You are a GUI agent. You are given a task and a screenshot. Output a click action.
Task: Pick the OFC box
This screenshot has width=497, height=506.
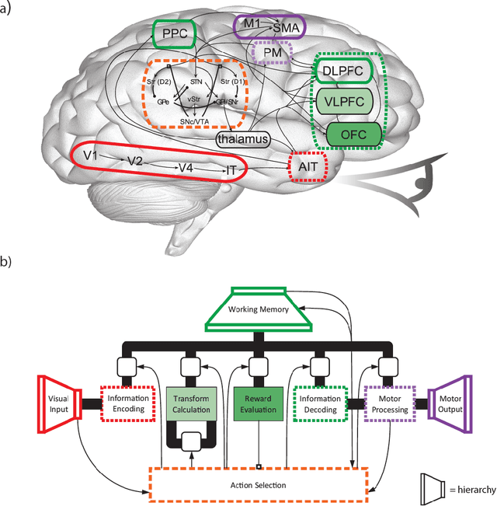click(354, 134)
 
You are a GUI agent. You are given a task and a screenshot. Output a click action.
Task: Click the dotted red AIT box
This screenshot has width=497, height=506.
click(304, 167)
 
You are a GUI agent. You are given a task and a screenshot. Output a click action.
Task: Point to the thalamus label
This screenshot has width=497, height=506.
click(244, 139)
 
